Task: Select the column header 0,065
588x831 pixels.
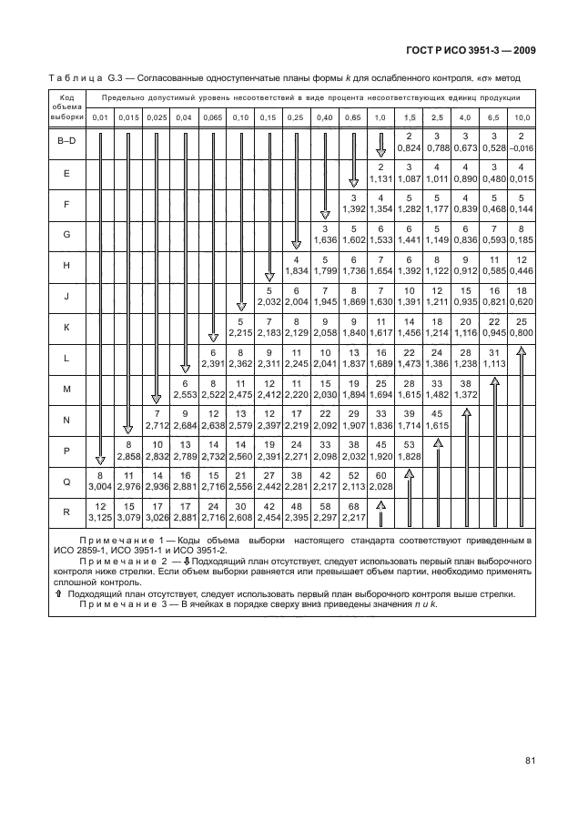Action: click(212, 118)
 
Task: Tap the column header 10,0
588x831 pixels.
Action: click(522, 118)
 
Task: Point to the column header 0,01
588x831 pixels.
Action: click(100, 118)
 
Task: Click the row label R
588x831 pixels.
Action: click(67, 512)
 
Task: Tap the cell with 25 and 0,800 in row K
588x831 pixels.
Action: click(522, 328)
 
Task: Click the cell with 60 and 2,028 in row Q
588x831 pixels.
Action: click(380, 481)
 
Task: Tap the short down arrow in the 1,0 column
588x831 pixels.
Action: click(380, 140)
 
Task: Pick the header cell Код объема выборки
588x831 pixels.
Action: click(67, 106)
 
